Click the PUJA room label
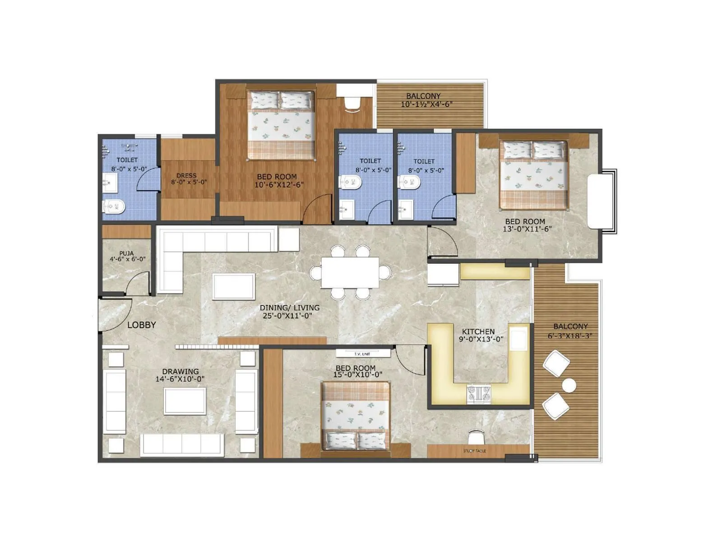[126, 253]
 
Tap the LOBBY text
[141, 325]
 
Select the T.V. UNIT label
[362, 354]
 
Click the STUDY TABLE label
[474, 451]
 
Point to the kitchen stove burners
[478, 393]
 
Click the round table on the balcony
[569, 385]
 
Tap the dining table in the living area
[350, 272]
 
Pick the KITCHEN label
[478, 332]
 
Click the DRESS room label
[186, 175]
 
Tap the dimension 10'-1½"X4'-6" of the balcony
[426, 104]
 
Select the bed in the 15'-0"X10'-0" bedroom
[355, 416]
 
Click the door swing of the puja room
[137, 284]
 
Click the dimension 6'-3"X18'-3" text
[570, 336]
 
